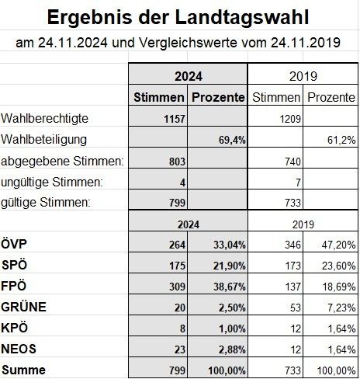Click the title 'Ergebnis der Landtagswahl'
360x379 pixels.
tap(179, 16)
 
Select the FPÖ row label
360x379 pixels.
tap(16, 287)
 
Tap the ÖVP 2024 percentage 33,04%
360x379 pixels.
tap(227, 246)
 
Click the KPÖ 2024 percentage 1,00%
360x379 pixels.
tap(230, 327)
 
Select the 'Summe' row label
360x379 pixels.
tap(22, 367)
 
